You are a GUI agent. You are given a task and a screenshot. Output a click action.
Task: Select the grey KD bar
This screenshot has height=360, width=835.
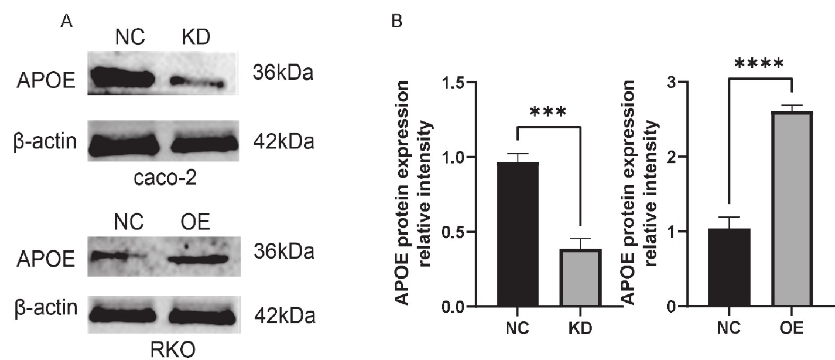(x=581, y=278)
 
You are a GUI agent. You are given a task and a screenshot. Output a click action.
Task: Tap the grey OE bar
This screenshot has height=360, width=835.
(x=792, y=209)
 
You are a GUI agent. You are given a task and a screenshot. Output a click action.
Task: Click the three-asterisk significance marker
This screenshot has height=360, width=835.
(x=548, y=113)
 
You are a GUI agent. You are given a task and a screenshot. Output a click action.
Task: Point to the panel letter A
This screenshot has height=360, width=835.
(x=66, y=22)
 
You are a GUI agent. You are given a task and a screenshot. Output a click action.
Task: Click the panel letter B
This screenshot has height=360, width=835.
(x=397, y=22)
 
